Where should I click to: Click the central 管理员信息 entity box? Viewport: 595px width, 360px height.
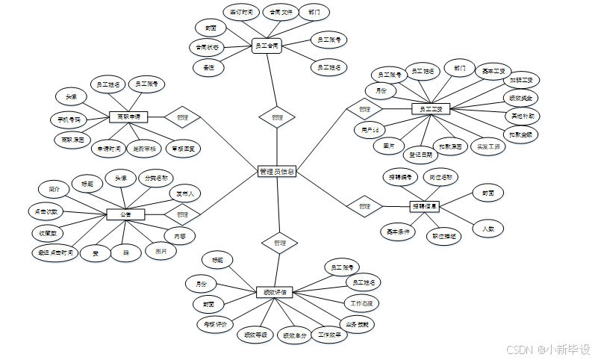(x=276, y=171)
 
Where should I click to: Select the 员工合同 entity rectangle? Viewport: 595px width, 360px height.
(x=267, y=46)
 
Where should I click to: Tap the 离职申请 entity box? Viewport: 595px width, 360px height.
(x=128, y=117)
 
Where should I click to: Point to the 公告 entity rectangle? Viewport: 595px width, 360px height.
(x=125, y=214)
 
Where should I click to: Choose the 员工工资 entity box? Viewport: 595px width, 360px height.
(x=431, y=109)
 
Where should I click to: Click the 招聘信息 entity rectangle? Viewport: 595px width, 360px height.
(x=424, y=205)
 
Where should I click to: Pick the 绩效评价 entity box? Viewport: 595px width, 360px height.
(x=274, y=291)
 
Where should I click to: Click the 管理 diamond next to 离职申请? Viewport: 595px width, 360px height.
(x=183, y=117)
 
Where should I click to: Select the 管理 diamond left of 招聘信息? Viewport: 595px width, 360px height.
(x=364, y=205)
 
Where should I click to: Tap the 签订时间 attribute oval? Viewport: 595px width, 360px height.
(x=240, y=12)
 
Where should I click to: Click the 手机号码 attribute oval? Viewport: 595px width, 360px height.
(x=69, y=119)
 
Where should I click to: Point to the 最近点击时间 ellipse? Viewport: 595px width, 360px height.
(x=56, y=252)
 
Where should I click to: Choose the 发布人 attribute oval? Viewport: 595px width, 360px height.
(x=184, y=193)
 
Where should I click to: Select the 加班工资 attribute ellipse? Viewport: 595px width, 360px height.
(x=520, y=80)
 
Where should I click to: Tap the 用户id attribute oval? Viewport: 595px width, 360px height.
(x=370, y=130)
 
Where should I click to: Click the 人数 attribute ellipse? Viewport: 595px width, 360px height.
(x=488, y=229)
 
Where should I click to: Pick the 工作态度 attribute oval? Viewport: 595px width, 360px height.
(x=361, y=303)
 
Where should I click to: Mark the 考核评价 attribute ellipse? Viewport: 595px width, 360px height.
(x=216, y=324)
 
